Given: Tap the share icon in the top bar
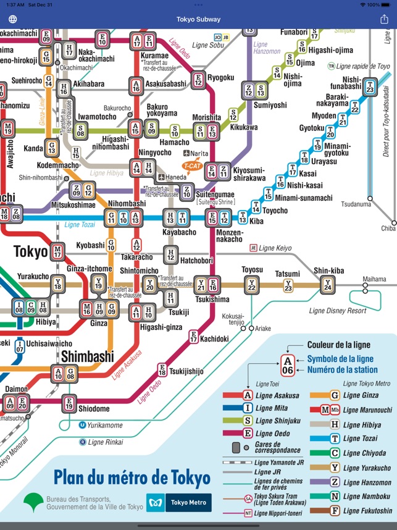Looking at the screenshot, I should coord(384,19).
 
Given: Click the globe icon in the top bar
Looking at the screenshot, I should coord(12,19).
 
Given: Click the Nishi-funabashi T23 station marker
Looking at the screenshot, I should coord(370,87).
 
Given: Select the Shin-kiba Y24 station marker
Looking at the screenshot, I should coord(327,284).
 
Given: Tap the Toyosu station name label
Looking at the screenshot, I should coord(251,270).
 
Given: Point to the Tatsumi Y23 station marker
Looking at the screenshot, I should coord(288,285).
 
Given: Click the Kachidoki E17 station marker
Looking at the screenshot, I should coord(193,337).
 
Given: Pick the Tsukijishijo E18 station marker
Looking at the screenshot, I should coord(162,370).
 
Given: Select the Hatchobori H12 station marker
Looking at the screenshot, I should coord(171,254).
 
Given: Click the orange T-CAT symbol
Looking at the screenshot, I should coord(192,166).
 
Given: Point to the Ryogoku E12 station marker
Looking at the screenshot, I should coord(198,79).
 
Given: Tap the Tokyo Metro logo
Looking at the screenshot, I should coord(178,502).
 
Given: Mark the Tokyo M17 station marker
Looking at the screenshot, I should coord(57,251).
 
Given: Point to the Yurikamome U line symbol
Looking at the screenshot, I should coord(82,424).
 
